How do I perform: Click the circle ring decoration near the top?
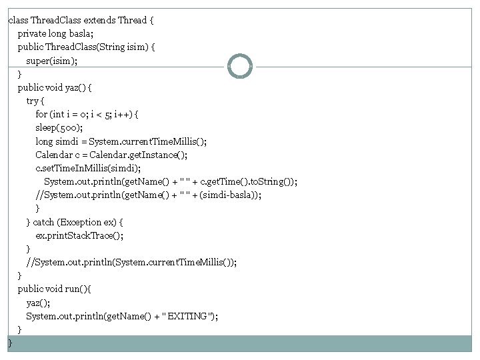[x=240, y=66]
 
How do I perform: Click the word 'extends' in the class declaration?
[x=99, y=20]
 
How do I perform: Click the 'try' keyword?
[x=33, y=101]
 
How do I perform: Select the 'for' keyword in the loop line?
[x=42, y=114]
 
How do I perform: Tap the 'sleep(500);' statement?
[x=59, y=127]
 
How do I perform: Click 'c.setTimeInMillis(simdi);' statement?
[x=88, y=168]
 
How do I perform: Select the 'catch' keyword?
[x=43, y=222]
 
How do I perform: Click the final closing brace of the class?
[x=10, y=343]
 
